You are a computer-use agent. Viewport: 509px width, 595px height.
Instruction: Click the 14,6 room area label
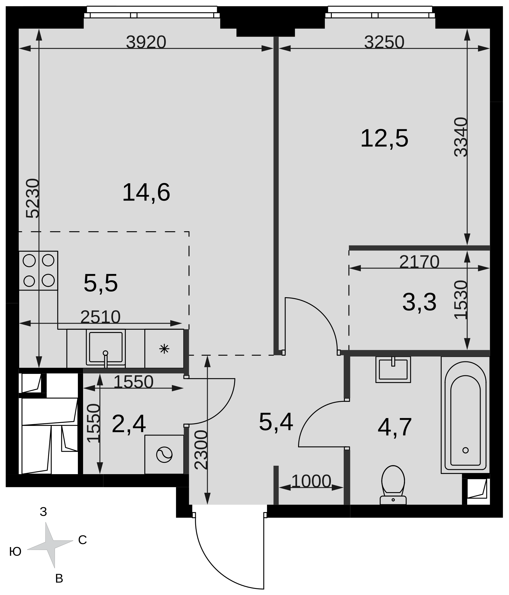click(x=146, y=192)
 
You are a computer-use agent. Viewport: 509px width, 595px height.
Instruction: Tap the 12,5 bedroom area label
click(x=384, y=139)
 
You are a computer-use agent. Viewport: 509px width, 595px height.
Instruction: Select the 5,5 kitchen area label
click(x=101, y=283)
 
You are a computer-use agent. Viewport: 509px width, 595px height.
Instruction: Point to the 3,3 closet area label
click(x=419, y=302)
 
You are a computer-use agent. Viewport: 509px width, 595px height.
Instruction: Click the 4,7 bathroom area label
click(x=395, y=427)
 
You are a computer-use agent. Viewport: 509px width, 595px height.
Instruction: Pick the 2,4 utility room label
click(x=129, y=424)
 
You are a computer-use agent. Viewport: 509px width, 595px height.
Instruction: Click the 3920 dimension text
click(x=146, y=42)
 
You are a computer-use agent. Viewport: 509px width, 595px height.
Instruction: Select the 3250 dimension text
click(x=384, y=42)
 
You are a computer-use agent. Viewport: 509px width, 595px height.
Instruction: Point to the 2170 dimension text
click(x=419, y=262)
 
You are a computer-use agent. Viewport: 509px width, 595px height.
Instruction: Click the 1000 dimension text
click(x=311, y=481)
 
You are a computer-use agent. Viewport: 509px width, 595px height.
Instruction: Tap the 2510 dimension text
click(x=100, y=317)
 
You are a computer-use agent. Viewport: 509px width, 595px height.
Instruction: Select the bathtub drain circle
click(x=465, y=450)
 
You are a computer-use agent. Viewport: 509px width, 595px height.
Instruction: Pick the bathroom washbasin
click(x=393, y=370)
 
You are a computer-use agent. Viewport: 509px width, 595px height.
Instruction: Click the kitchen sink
click(x=106, y=347)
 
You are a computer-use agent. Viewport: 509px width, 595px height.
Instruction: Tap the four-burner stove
click(x=38, y=270)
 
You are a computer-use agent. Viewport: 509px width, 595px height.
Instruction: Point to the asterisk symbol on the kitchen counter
click(x=164, y=349)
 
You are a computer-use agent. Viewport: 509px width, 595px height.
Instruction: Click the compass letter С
click(x=83, y=540)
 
